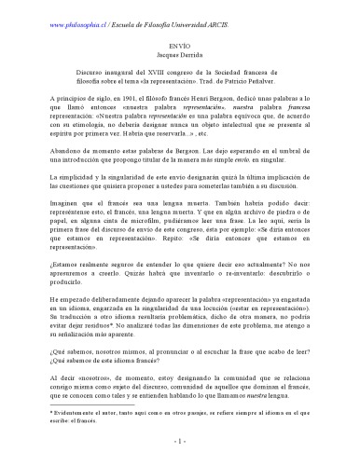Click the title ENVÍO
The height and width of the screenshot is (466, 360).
180,44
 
